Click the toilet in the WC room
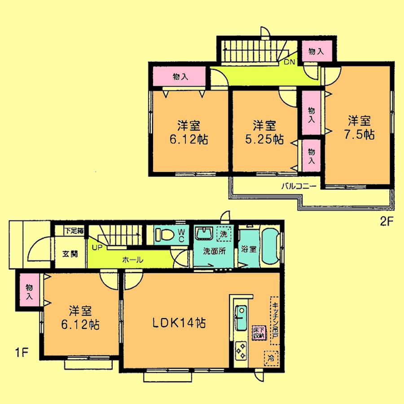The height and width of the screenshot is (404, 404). (x=166, y=235)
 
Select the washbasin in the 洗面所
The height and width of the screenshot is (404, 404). (x=205, y=234)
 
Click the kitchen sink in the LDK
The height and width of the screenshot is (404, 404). (x=242, y=316)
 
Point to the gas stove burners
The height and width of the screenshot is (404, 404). (x=241, y=350)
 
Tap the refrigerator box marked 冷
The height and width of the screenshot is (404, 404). (x=271, y=357)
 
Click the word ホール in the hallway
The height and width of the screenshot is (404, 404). (x=132, y=260)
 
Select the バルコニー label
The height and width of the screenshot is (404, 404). (x=299, y=186)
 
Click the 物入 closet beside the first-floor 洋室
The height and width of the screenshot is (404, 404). (x=29, y=291)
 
